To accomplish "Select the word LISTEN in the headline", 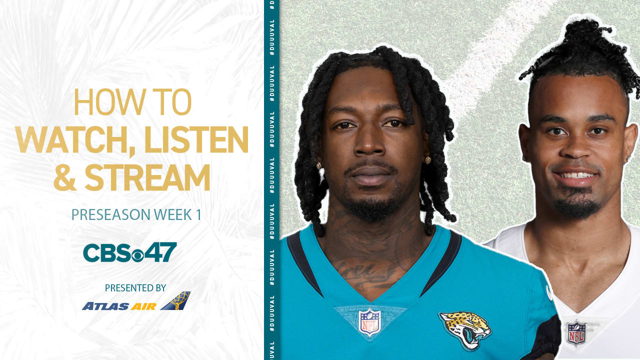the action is pyautogui.click(x=196, y=140).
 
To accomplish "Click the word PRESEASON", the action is pyautogui.click(x=110, y=215).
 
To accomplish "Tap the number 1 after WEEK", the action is pyautogui.click(x=198, y=215).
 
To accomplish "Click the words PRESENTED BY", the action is pyautogui.click(x=135, y=288).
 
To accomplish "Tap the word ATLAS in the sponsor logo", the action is pyautogui.click(x=105, y=306).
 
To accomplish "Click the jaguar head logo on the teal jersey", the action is pyautogui.click(x=465, y=329).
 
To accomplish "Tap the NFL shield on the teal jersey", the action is pyautogui.click(x=370, y=322).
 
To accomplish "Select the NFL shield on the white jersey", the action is pyautogui.click(x=576, y=333).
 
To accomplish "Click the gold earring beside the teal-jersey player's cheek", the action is pyautogui.click(x=427, y=160).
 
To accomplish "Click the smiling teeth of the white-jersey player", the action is pyautogui.click(x=575, y=175).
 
